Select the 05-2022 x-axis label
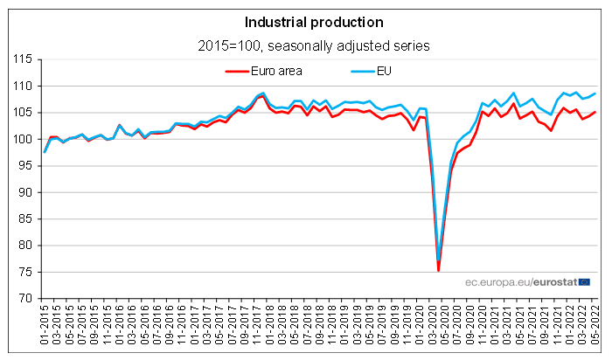pyautogui.click(x=595, y=328)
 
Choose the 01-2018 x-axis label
pyautogui.click(x=264, y=328)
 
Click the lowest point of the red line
pyautogui.click(x=438, y=271)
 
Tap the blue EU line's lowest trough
pyautogui.click(x=438, y=260)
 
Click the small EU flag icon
pyautogui.click(x=584, y=281)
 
